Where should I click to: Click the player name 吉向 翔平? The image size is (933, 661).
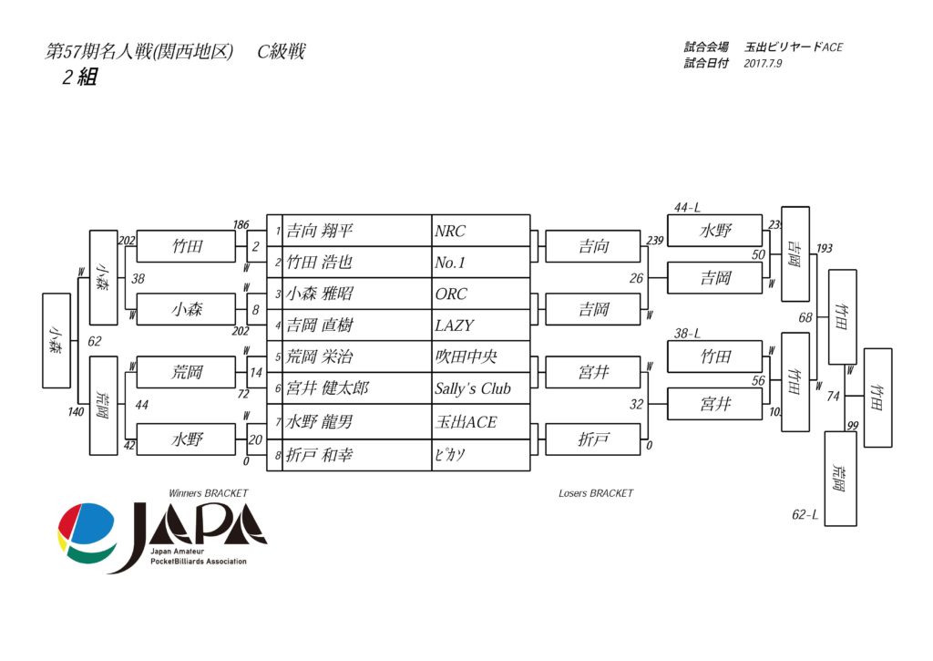pyautogui.click(x=320, y=231)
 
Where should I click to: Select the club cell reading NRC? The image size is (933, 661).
pyautogui.click(x=450, y=231)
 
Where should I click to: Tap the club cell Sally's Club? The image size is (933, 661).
pyautogui.click(x=473, y=388)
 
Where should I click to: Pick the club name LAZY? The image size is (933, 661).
pyautogui.click(x=455, y=325)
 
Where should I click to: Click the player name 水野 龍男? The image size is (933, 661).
pyautogui.click(x=320, y=423)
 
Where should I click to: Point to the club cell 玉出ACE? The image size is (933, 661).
pyautogui.click(x=466, y=423)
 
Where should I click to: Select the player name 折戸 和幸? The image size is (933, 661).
pyautogui.click(x=320, y=455)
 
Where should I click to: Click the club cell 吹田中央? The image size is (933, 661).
pyautogui.click(x=466, y=356)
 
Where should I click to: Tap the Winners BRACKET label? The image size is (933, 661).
pyautogui.click(x=209, y=493)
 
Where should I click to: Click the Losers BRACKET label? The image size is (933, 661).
pyautogui.click(x=596, y=493)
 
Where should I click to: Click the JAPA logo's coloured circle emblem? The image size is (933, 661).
pyautogui.click(x=87, y=533)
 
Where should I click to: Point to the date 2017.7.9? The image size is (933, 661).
pyautogui.click(x=764, y=64)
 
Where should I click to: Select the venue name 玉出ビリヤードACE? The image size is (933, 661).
pyautogui.click(x=794, y=46)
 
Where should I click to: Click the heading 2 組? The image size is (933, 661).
pyautogui.click(x=79, y=77)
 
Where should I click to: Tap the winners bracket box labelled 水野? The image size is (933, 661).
pyautogui.click(x=187, y=439)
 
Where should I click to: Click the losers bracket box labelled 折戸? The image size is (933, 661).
pyautogui.click(x=593, y=439)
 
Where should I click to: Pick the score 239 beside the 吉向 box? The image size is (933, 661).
pyautogui.click(x=654, y=241)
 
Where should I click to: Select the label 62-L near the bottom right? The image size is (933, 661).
pyautogui.click(x=805, y=515)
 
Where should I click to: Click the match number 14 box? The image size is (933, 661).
pyautogui.click(x=256, y=372)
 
